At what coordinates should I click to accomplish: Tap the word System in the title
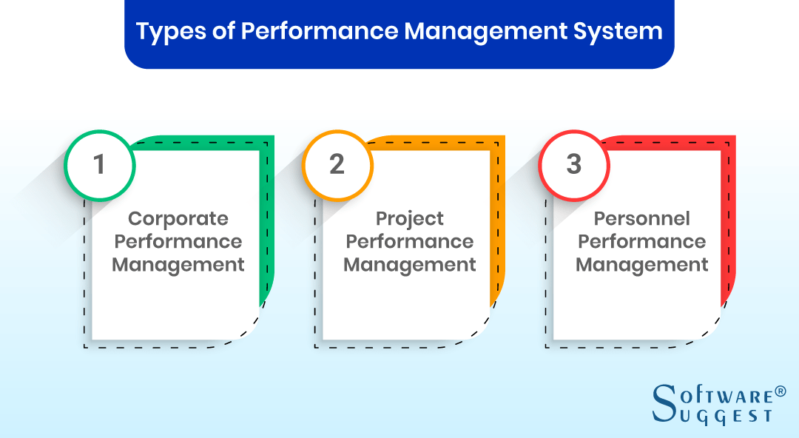[x=618, y=32]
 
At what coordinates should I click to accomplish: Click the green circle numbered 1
[x=99, y=164]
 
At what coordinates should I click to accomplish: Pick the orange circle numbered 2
[x=337, y=164]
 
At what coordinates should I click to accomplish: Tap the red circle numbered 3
[x=574, y=164]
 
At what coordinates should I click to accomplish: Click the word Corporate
[x=178, y=219]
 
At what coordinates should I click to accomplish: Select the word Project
[x=410, y=219]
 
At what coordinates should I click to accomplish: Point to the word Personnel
[x=641, y=219]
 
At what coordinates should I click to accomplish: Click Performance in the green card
[x=178, y=242]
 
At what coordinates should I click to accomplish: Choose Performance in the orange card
[x=410, y=242]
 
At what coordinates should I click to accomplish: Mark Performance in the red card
[x=641, y=242]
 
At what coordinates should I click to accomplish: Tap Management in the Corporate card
[x=178, y=265]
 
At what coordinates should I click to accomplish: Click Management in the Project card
[x=410, y=265]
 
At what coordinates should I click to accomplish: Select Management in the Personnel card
[x=641, y=265]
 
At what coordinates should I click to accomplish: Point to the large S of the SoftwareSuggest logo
[x=664, y=402]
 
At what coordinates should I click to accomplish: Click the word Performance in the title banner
[x=324, y=32]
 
